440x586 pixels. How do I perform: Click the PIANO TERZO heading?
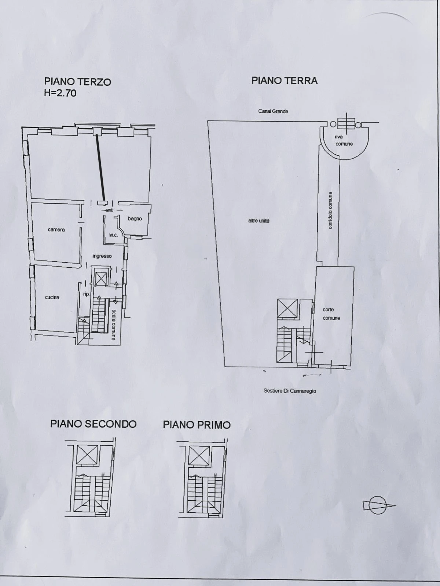[77, 81]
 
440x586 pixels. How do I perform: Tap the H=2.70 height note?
[60, 93]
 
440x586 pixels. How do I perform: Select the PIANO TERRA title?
[285, 81]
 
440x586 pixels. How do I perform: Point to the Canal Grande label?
[273, 111]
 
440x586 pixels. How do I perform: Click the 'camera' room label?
[56, 230]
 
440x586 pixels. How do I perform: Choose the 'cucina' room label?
[52, 297]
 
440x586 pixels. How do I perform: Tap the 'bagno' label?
[135, 219]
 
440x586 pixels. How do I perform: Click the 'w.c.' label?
[114, 235]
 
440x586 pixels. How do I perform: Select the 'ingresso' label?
[102, 256]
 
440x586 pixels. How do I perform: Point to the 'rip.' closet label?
[86, 294]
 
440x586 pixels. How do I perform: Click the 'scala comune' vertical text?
[114, 324]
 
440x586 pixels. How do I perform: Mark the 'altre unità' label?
[259, 221]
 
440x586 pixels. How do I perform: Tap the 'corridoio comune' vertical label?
[330, 210]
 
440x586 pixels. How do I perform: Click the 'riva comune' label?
[344, 140]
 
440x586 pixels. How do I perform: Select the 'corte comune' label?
[331, 314]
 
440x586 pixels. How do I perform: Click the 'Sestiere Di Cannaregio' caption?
[290, 391]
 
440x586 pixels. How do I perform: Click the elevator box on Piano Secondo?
[87, 455]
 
